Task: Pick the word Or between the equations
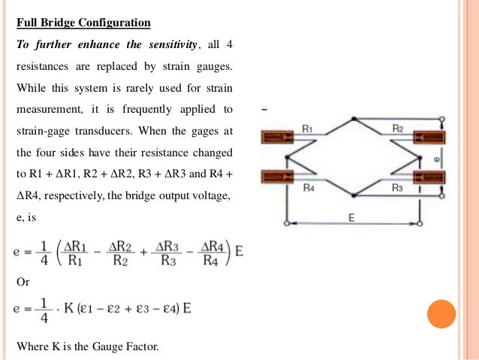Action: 23,282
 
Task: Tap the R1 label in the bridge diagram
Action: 307,129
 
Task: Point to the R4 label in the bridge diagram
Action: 308,188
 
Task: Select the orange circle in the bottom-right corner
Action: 441,314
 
